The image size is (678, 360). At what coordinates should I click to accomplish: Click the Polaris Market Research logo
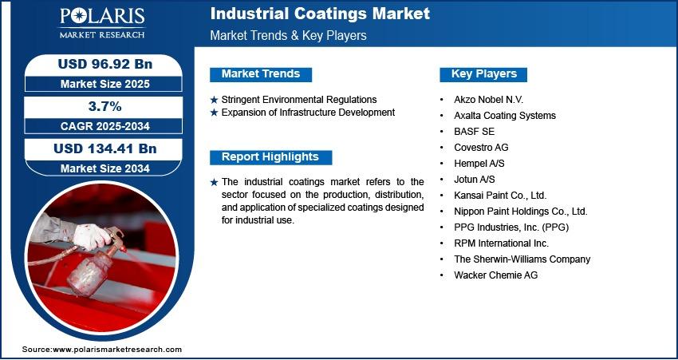[102, 23]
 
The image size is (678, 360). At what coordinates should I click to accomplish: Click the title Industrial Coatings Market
[320, 14]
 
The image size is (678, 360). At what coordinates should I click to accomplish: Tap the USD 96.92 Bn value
[105, 64]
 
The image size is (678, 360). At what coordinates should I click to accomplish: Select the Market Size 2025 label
[105, 84]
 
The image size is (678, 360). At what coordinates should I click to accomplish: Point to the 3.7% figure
[105, 106]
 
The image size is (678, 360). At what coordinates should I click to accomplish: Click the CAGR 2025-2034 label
[105, 126]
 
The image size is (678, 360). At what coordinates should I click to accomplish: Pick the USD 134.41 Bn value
[105, 148]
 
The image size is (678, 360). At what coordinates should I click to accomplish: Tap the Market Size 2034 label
[105, 168]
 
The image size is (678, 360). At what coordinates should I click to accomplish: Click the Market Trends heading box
[261, 74]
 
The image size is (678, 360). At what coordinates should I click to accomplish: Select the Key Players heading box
[483, 74]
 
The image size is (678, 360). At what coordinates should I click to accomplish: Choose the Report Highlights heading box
[270, 157]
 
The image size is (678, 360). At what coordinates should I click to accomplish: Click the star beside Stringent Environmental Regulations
[214, 100]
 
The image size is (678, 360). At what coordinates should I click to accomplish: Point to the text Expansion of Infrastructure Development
[308, 113]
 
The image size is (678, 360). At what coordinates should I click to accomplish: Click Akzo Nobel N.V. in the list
[489, 100]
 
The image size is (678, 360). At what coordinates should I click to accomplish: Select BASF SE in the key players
[474, 131]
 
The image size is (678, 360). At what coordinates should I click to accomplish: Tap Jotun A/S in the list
[475, 179]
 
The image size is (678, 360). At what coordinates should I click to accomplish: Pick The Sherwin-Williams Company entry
[522, 259]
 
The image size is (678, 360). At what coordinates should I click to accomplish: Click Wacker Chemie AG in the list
[495, 275]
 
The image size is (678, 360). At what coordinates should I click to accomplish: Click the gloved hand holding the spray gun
[91, 237]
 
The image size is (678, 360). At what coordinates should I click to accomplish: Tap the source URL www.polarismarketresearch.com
[117, 350]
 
